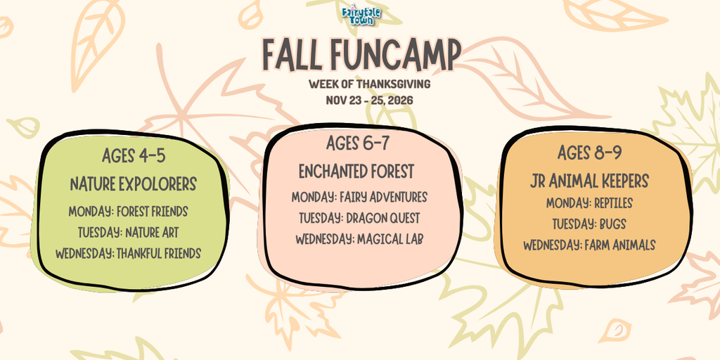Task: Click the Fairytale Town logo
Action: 361,14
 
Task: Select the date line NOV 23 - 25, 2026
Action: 369,100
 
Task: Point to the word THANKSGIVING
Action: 393,84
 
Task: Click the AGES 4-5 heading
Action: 133,155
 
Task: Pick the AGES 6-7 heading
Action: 358,143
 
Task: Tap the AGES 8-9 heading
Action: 590,153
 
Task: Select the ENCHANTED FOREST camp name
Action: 356,172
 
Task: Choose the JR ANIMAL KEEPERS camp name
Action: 589,181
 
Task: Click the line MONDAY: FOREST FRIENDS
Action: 128,212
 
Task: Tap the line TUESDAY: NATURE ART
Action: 128,233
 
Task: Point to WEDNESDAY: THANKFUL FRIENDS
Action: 128,253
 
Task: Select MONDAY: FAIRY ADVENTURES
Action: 359,198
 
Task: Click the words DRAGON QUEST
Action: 383,218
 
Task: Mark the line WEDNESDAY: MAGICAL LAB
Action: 359,239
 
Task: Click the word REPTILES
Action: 613,203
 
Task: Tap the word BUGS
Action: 612,224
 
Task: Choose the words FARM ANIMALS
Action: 620,245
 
